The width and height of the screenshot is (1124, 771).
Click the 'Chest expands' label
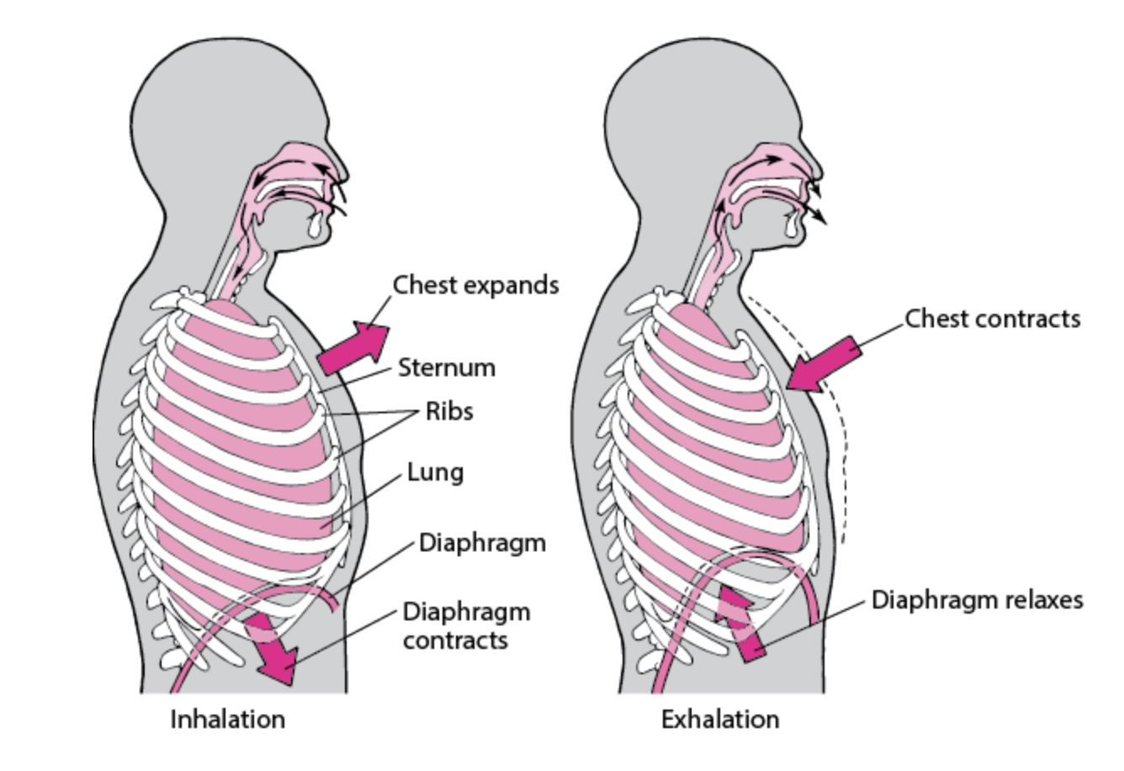[x=475, y=285]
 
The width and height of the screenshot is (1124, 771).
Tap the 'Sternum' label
[x=447, y=368]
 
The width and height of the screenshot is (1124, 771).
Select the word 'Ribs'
[x=449, y=412]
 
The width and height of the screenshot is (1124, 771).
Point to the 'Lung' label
[x=435, y=472]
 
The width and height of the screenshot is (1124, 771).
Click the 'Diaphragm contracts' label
[x=466, y=625]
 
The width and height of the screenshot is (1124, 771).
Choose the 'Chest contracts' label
[x=993, y=319]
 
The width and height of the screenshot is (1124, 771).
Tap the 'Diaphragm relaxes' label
[x=977, y=600]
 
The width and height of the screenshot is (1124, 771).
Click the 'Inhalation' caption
[x=228, y=720]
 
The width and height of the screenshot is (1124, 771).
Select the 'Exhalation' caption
[x=720, y=720]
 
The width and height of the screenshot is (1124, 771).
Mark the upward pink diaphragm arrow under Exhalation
[x=740, y=622]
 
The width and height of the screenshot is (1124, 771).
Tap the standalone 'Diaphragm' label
[x=482, y=543]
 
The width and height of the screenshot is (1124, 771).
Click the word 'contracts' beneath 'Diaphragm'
[x=455, y=641]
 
